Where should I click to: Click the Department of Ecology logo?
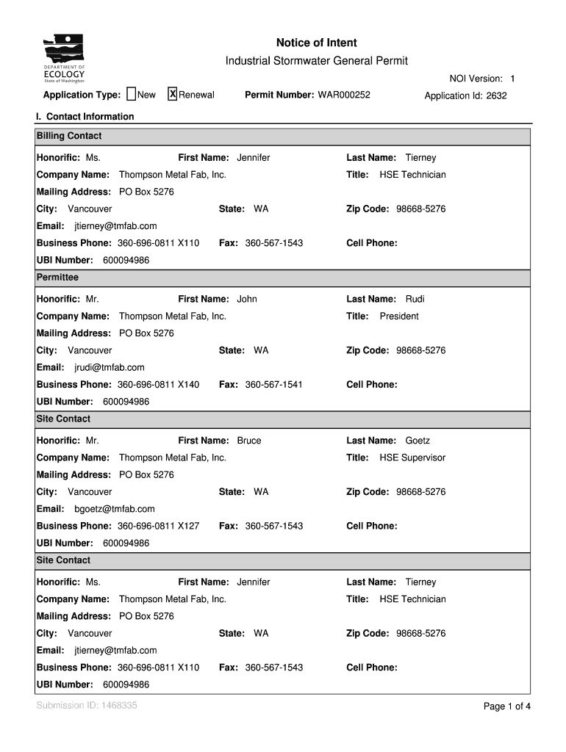point(64,59)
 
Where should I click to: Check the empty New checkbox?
point(132,94)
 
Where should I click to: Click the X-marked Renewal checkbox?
point(173,94)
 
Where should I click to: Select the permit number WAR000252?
point(343,95)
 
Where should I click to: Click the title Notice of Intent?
point(316,43)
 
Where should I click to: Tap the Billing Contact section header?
point(69,136)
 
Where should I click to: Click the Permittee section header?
point(57,278)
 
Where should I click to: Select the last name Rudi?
point(415,299)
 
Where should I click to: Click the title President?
point(399,316)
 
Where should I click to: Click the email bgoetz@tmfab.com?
point(115,509)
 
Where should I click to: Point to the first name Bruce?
point(248,441)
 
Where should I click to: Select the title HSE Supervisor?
point(412,458)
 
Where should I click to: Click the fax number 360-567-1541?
point(273,384)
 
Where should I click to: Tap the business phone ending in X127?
point(158,526)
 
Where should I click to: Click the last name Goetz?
point(418,441)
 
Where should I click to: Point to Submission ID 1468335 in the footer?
point(86,706)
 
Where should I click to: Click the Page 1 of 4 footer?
point(506,706)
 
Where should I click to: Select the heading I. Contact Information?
point(85,117)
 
